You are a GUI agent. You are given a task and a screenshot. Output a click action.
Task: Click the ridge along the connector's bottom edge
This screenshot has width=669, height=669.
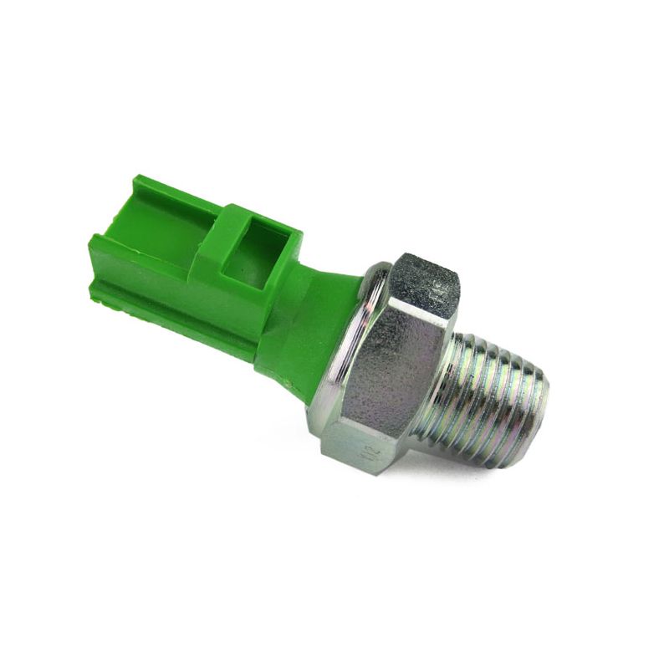(167, 314)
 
